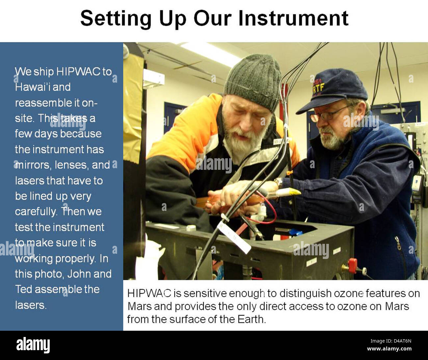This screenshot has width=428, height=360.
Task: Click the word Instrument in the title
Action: tap(293, 18)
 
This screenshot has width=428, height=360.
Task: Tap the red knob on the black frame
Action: tap(352, 265)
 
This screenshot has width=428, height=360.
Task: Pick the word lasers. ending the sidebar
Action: tap(31, 305)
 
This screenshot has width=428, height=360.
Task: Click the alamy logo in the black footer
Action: tap(33, 345)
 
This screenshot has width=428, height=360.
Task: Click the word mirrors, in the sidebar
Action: tap(33, 165)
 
